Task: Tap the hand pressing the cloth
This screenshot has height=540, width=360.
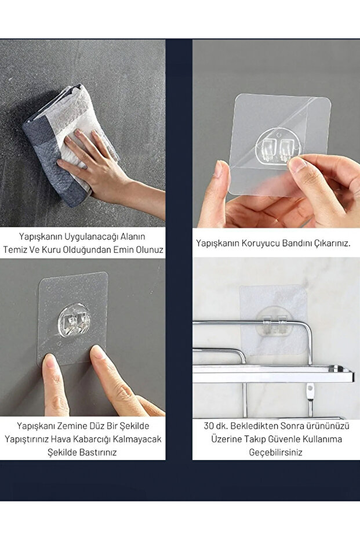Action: pyautogui.click(x=103, y=169)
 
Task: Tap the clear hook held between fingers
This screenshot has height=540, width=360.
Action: pyautogui.click(x=279, y=146)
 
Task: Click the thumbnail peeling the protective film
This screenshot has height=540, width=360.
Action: pyautogui.click(x=296, y=164)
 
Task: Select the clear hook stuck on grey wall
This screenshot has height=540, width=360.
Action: pyautogui.click(x=74, y=320)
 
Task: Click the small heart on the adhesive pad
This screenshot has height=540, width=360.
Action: pyautogui.click(x=57, y=344)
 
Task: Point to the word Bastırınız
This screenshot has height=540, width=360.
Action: pyautogui.click(x=96, y=452)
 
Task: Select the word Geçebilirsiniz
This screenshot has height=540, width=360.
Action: pyautogui.click(x=275, y=452)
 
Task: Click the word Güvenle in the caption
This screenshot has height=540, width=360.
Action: pyautogui.click(x=282, y=440)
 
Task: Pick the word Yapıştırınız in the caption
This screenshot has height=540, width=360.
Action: pyautogui.click(x=27, y=440)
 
